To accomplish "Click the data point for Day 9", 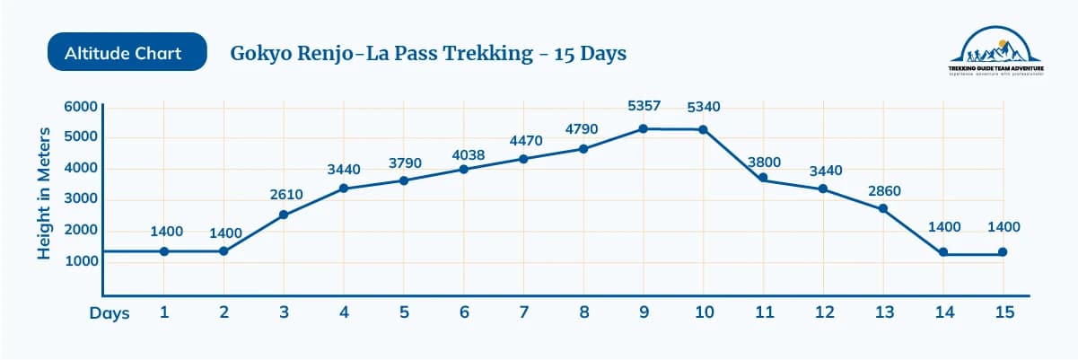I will (644, 128).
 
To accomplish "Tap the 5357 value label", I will (644, 106).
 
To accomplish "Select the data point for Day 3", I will (284, 215).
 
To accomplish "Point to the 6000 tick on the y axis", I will (80, 107).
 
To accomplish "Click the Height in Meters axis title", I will (43, 199).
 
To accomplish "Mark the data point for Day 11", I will (763, 179).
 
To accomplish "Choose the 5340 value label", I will (703, 107).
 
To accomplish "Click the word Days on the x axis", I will (110, 313).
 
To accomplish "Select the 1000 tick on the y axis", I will (80, 262).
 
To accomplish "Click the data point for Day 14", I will (943, 252).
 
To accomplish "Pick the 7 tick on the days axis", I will (523, 313).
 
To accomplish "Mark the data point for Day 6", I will (464, 169).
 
